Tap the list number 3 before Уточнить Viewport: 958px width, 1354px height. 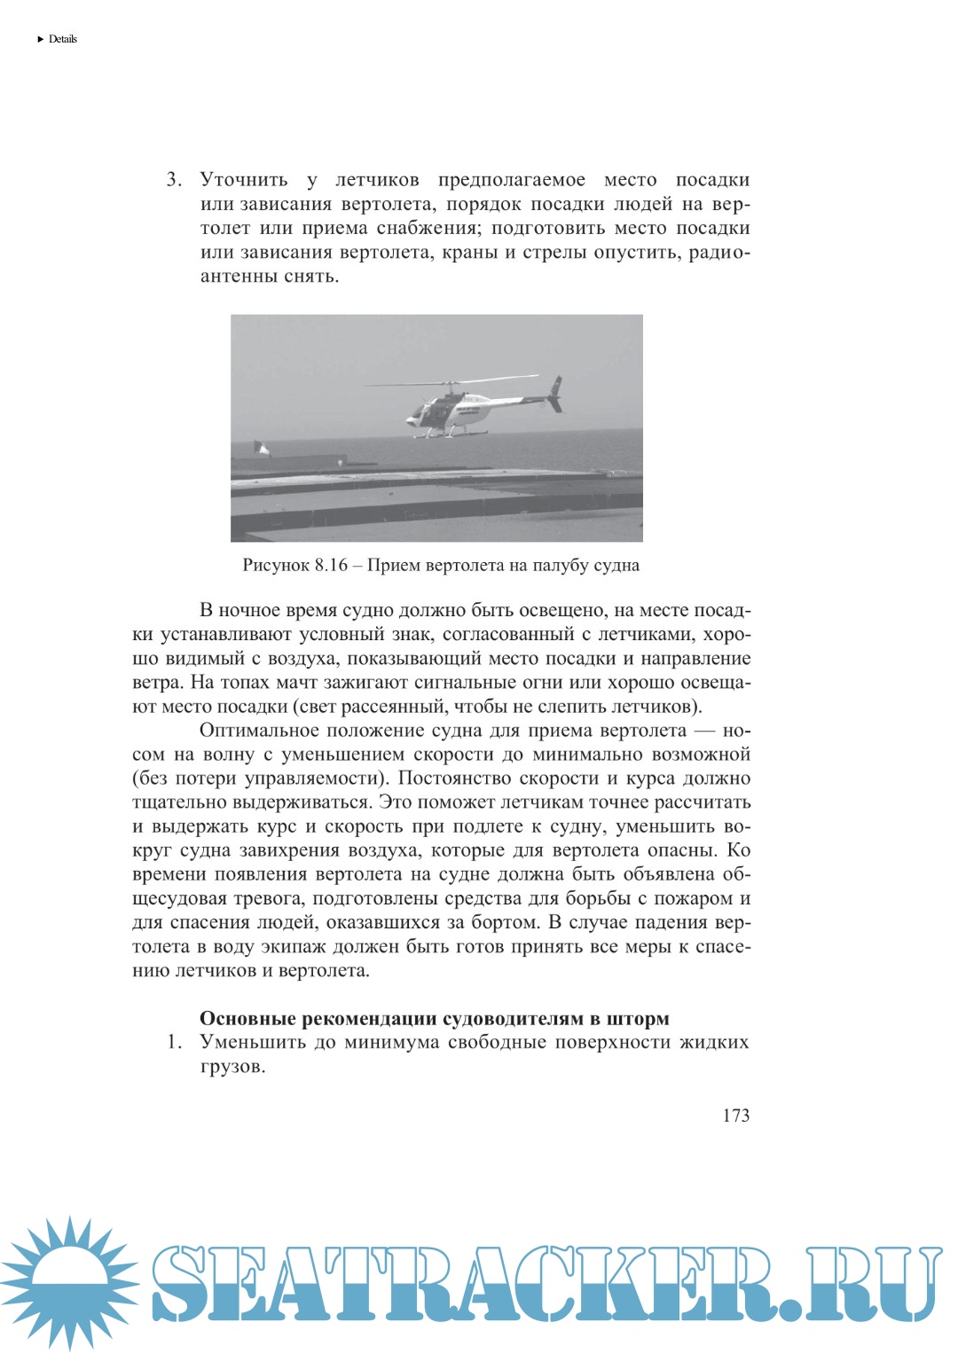coord(173,180)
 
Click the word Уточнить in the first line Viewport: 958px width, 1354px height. coord(244,180)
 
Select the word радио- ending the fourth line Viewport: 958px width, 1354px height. coord(719,252)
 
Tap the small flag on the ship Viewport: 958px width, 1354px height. coord(262,448)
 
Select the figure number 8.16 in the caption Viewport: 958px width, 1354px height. coord(331,566)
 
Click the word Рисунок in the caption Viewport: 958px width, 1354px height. coord(276,566)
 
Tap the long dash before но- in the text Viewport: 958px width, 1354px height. coord(704,731)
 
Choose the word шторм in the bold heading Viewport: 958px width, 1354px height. coord(637,1018)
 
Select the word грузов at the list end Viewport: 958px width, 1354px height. coord(232,1067)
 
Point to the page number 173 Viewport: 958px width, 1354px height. coord(735,1115)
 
